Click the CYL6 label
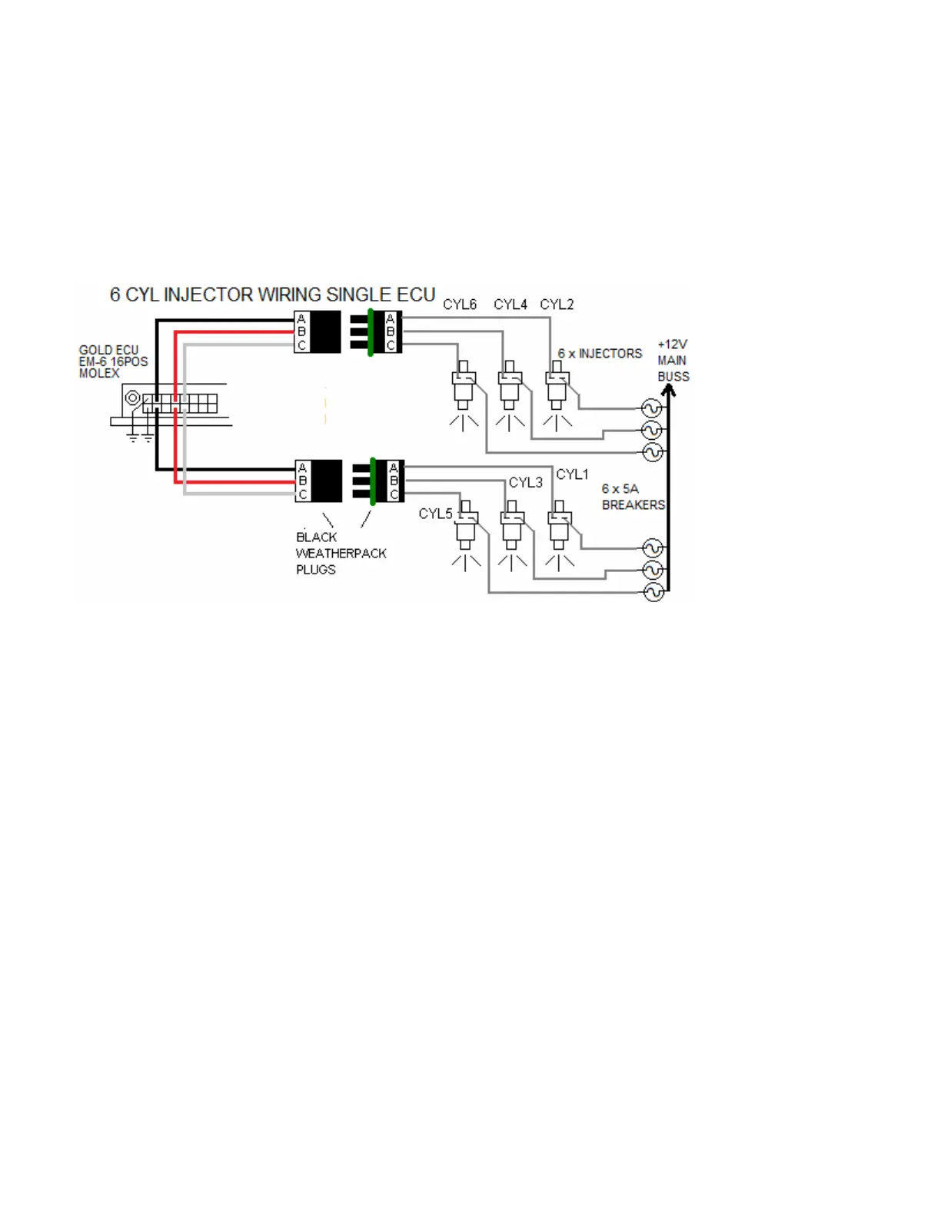click(x=460, y=304)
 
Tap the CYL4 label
click(x=510, y=304)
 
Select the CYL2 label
click(x=557, y=304)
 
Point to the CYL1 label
click(x=572, y=474)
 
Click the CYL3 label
click(x=525, y=482)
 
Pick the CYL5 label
click(x=435, y=514)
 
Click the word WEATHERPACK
click(x=341, y=554)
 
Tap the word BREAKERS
click(x=633, y=505)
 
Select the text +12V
click(x=672, y=344)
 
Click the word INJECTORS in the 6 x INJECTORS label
click(x=610, y=354)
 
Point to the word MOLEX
click(x=99, y=374)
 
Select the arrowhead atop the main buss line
click(x=668, y=391)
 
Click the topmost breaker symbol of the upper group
click(x=652, y=408)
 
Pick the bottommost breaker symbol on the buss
click(x=653, y=592)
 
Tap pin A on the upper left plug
click(x=301, y=319)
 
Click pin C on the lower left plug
click(x=303, y=494)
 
